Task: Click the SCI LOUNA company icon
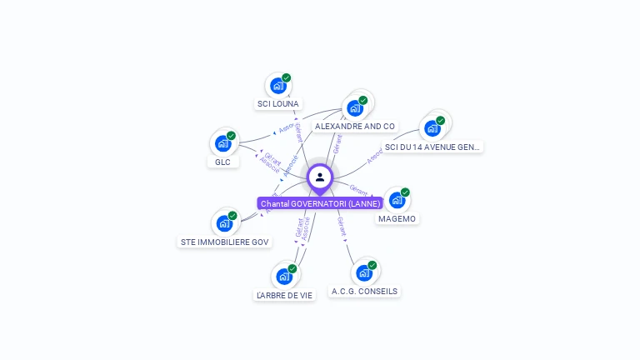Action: pyautogui.click(x=277, y=86)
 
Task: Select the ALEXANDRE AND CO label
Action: pyautogui.click(x=354, y=127)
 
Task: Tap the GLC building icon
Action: pyautogui.click(x=222, y=143)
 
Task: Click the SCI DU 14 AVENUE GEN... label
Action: pyautogui.click(x=432, y=147)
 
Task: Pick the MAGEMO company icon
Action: pyautogui.click(x=397, y=200)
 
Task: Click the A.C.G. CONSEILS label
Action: pyautogui.click(x=364, y=292)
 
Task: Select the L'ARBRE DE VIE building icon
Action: pyautogui.click(x=283, y=277)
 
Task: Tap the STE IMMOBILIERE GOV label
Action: pyautogui.click(x=225, y=242)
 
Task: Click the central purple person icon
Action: pyautogui.click(x=320, y=177)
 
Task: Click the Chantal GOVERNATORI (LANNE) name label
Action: pyautogui.click(x=320, y=203)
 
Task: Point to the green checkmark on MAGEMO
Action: pyautogui.click(x=405, y=192)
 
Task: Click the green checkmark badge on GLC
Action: pyautogui.click(x=231, y=136)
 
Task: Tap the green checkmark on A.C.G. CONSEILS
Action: pyautogui.click(x=372, y=265)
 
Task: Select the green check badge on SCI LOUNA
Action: pyautogui.click(x=286, y=77)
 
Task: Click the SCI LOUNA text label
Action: pyautogui.click(x=277, y=104)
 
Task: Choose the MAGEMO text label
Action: pyautogui.click(x=397, y=218)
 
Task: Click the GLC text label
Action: pyautogui.click(x=222, y=162)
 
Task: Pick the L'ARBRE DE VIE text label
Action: pyautogui.click(x=284, y=295)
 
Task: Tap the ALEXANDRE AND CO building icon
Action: pyautogui.click(x=355, y=108)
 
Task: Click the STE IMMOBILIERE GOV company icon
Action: pyautogui.click(x=224, y=223)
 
